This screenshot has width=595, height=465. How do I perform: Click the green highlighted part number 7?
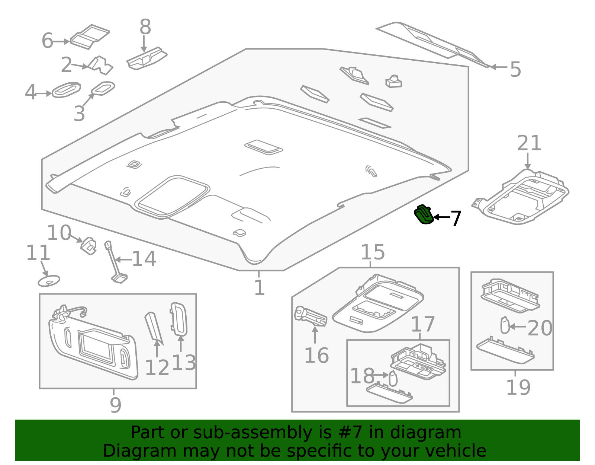tap(423, 214)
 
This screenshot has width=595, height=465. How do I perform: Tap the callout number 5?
tap(515, 70)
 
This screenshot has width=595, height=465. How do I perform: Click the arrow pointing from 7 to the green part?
tap(442, 217)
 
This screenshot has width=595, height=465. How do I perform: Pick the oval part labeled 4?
tap(66, 90)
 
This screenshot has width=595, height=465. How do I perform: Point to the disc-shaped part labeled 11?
tap(49, 281)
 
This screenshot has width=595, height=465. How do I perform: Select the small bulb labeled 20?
tap(505, 325)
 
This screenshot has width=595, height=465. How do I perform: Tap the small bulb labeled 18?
tap(393, 378)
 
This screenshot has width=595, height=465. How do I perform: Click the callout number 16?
tap(316, 356)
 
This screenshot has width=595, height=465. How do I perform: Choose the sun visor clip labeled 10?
tap(89, 246)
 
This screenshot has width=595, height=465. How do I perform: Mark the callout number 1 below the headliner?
tap(259, 287)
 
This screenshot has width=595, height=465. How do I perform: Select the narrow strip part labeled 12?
tap(154, 328)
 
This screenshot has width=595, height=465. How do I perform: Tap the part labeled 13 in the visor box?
tap(178, 319)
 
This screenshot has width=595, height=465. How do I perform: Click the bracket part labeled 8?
tap(147, 58)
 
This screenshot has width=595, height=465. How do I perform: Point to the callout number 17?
tap(423, 324)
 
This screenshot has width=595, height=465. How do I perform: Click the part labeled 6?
tap(90, 37)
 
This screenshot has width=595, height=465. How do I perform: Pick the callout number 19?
tap(518, 388)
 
